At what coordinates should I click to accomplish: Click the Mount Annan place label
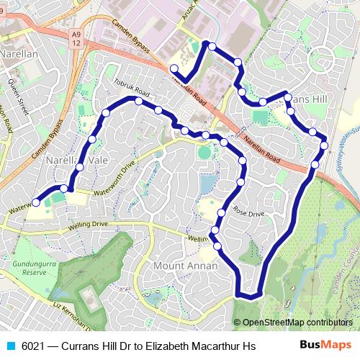tap(181, 266)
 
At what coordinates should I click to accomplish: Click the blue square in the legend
tap(9, 346)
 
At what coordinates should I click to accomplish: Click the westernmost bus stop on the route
tap(36, 203)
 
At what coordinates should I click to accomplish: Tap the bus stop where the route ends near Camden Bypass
tap(174, 68)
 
